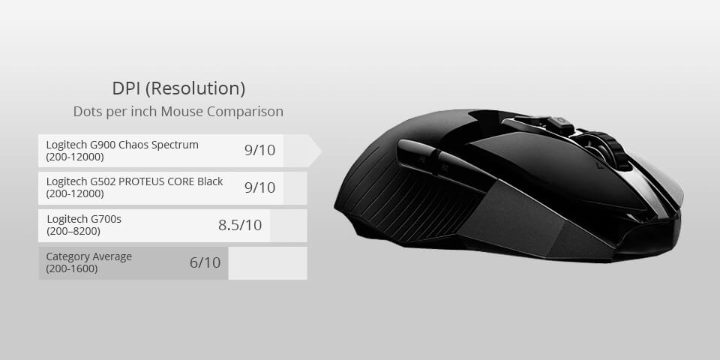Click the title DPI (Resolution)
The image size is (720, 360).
click(178, 88)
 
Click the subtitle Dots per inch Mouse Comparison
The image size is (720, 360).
click(178, 112)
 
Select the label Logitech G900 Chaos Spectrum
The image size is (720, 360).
click(122, 145)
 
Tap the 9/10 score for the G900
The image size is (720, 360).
click(259, 150)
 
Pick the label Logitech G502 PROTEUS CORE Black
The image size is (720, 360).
click(134, 181)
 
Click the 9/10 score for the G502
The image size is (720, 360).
click(259, 187)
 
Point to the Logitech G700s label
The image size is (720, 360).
click(84, 219)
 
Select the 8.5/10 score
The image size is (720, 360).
click(240, 225)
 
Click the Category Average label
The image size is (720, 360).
click(88, 256)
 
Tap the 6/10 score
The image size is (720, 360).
click(205, 262)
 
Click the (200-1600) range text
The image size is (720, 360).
click(72, 268)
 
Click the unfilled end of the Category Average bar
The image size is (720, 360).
click(267, 263)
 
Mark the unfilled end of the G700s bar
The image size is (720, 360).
click(288, 226)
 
